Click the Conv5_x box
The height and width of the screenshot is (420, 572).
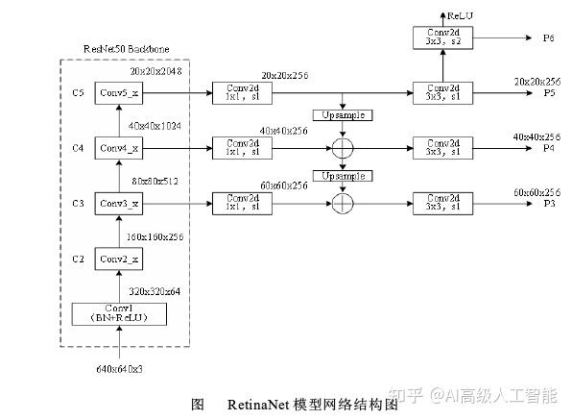click(x=120, y=93)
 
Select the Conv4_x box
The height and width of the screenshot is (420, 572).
click(x=120, y=149)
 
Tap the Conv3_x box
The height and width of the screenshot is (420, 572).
click(x=120, y=205)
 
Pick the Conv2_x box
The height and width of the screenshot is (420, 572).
click(x=120, y=259)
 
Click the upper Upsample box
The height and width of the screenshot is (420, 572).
click(x=343, y=115)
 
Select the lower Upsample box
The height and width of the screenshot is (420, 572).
click(x=343, y=178)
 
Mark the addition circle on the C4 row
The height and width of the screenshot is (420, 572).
click(x=343, y=149)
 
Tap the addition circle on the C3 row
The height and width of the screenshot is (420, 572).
click(x=343, y=204)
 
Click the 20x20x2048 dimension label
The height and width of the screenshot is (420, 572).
click(x=155, y=71)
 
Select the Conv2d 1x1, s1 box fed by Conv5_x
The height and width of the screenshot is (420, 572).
click(x=235, y=93)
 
